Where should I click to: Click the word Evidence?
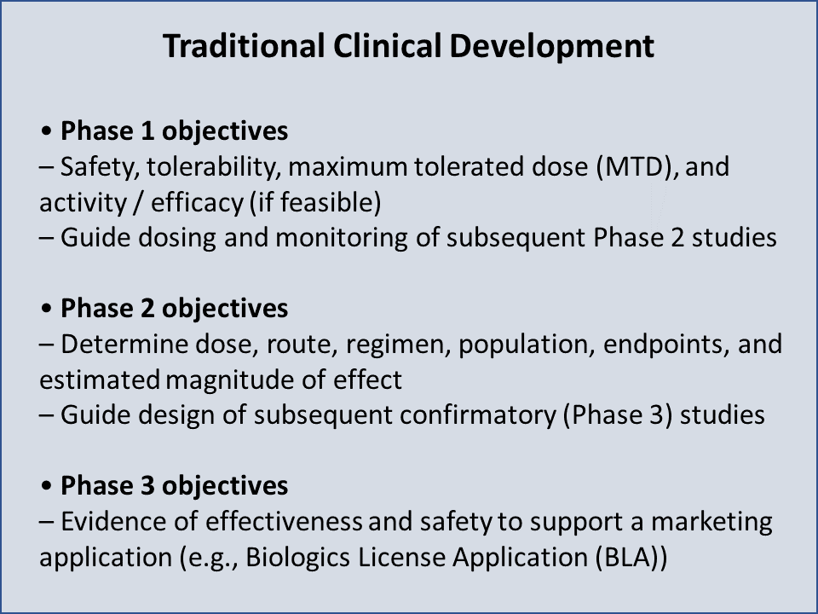click(x=112, y=521)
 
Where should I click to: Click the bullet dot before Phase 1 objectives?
click(x=47, y=132)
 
